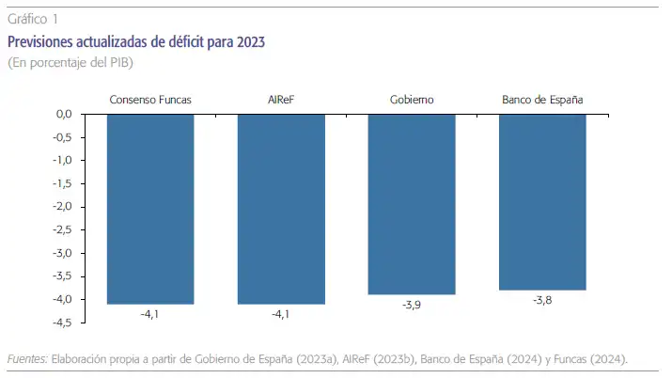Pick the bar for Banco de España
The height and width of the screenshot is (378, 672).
pyautogui.click(x=542, y=202)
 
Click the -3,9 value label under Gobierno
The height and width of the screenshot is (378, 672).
pyautogui.click(x=412, y=305)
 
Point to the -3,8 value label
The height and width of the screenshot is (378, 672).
pyautogui.click(x=542, y=300)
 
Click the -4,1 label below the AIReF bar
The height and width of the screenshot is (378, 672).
pyautogui.click(x=281, y=314)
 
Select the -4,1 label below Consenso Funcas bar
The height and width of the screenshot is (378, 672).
pyautogui.click(x=150, y=314)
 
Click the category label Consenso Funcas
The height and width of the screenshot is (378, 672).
pyautogui.click(x=150, y=100)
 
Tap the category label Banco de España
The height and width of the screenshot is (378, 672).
pyautogui.click(x=542, y=100)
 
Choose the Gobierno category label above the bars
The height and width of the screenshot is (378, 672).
pyautogui.click(x=412, y=100)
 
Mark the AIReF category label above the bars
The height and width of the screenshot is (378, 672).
pyautogui.click(x=281, y=100)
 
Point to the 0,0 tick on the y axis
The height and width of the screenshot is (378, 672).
pyautogui.click(x=63, y=115)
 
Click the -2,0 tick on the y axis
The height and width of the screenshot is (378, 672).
pyautogui.click(x=62, y=207)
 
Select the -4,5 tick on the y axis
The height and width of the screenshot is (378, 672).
pyautogui.click(x=62, y=323)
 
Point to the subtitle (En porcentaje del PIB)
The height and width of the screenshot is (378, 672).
pyautogui.click(x=70, y=63)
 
